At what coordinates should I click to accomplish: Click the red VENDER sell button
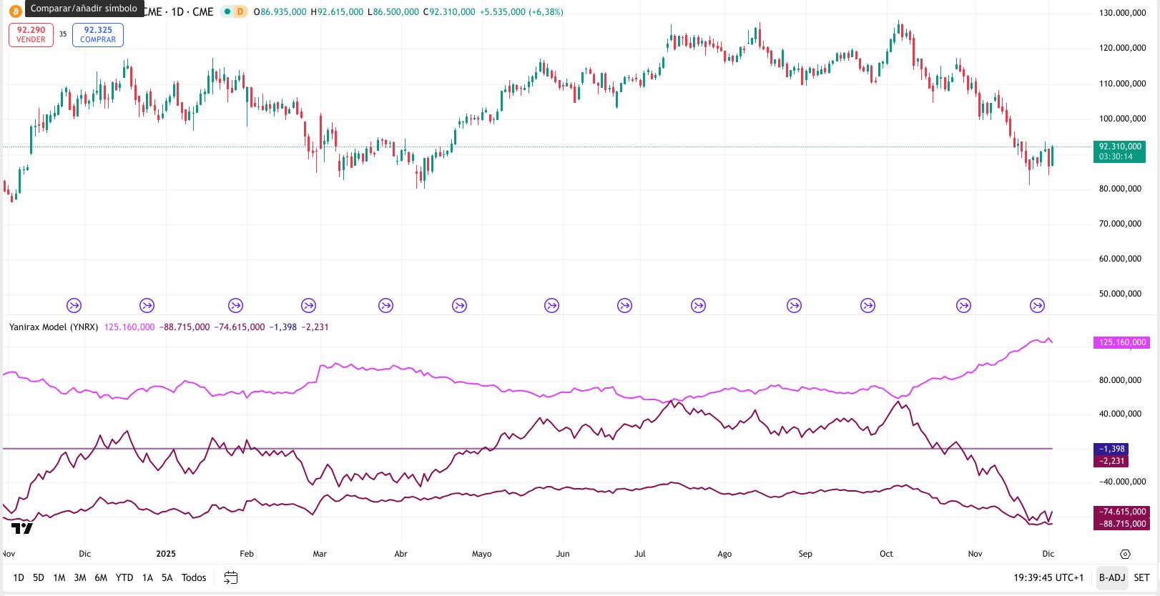tap(31, 34)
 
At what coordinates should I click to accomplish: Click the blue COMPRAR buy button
tap(98, 34)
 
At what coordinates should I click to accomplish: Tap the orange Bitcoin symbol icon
tap(15, 11)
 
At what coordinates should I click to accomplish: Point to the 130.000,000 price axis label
tap(1122, 13)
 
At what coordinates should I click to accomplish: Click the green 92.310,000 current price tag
tap(1119, 151)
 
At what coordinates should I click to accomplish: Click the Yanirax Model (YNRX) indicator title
tap(54, 327)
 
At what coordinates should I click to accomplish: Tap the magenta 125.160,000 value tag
tap(1121, 342)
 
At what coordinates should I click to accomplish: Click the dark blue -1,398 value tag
tap(1111, 449)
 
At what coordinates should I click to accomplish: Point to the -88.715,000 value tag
tap(1121, 524)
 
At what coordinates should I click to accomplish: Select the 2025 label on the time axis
tap(166, 554)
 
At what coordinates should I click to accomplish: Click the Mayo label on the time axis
tap(481, 554)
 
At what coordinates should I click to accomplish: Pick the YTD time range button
tap(124, 577)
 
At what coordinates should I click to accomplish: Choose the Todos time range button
tap(194, 577)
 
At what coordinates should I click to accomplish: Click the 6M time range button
tap(101, 577)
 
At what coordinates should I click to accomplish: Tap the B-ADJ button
tap(1112, 577)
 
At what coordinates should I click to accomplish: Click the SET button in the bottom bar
tap(1141, 577)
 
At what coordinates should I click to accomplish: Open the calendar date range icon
tap(230, 577)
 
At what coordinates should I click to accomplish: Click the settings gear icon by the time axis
tap(1125, 554)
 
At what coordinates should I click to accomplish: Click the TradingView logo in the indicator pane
tap(22, 528)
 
